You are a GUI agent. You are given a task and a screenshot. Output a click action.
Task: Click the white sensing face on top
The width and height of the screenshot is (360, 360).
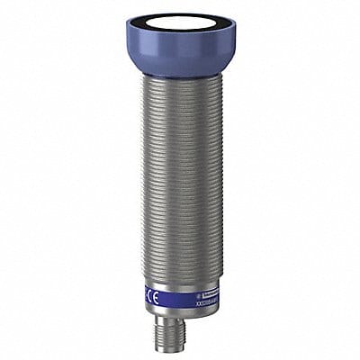click(181, 27)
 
